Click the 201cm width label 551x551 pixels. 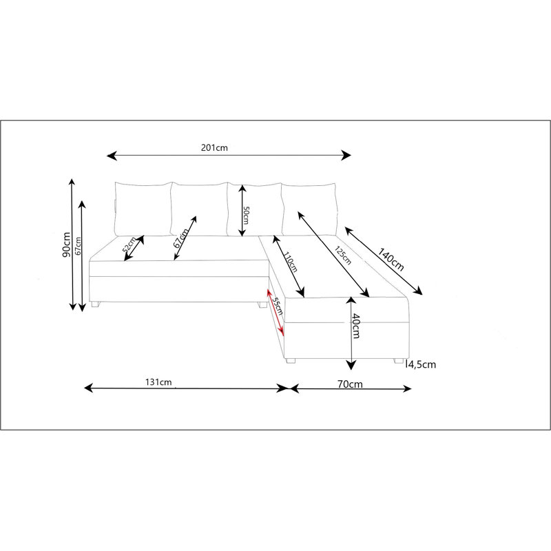tap(214, 147)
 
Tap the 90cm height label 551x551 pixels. tap(66, 245)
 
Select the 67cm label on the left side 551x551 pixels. tap(78, 246)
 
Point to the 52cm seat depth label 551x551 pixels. tap(129, 245)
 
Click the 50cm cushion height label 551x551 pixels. tap(246, 215)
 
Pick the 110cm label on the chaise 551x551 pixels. tap(291, 262)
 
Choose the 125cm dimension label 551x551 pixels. tap(342, 256)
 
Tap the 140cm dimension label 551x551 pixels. tap(391, 260)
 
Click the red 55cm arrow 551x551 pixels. tap(275, 312)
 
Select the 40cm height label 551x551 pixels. tap(355, 326)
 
